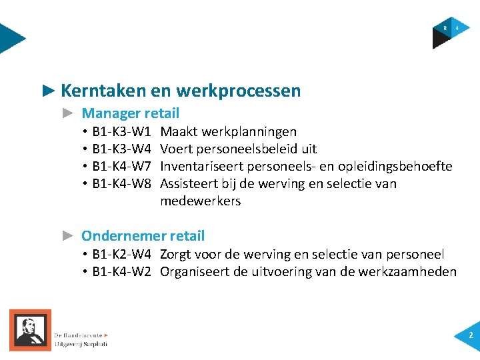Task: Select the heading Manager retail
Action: [x=130, y=113]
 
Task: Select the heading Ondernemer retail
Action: [x=143, y=235]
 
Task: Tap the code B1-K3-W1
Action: [x=122, y=131]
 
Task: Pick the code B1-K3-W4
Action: [x=122, y=149]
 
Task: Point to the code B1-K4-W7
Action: [x=122, y=166]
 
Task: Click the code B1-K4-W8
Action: [x=122, y=183]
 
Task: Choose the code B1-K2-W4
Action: [x=122, y=254]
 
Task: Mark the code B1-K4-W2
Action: [x=122, y=271]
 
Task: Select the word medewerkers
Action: [x=200, y=201]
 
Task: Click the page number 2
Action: [x=471, y=335]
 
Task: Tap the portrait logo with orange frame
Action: [x=30, y=329]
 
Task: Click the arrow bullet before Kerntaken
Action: [x=47, y=90]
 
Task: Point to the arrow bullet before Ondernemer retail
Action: [x=67, y=235]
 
